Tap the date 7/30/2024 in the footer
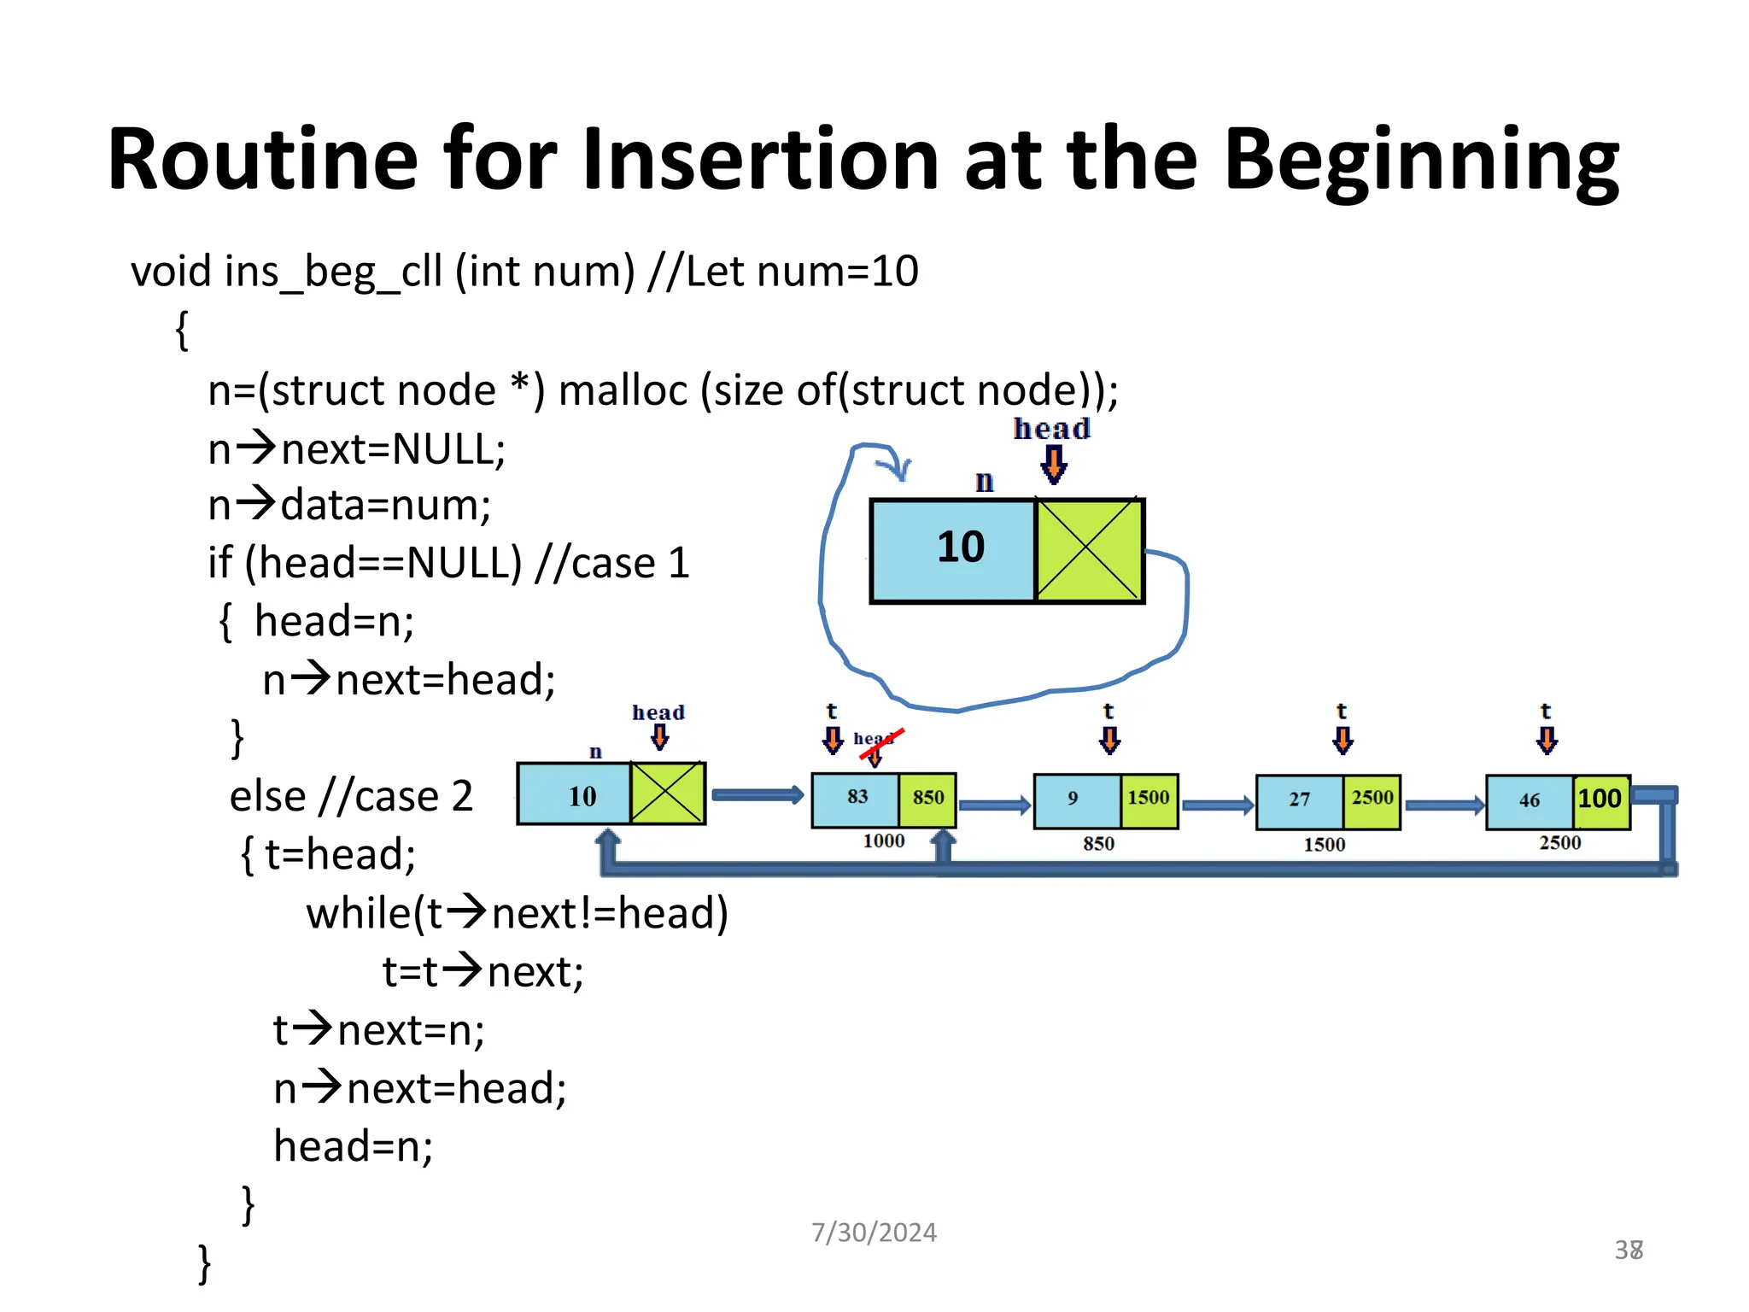click(874, 1232)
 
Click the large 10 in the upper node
click(960, 548)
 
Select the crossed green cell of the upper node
click(1088, 550)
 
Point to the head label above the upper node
click(1051, 429)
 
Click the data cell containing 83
click(857, 798)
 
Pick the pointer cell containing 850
click(927, 798)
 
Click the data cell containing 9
click(1074, 799)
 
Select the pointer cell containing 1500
click(1148, 799)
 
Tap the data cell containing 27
click(1299, 800)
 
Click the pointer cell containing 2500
click(1372, 799)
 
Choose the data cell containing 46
click(1529, 801)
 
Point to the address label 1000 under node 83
click(883, 841)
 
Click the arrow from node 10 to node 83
click(757, 795)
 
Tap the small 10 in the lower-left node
click(582, 797)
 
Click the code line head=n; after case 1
click(334, 621)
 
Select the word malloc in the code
click(623, 391)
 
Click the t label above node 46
click(1545, 711)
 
